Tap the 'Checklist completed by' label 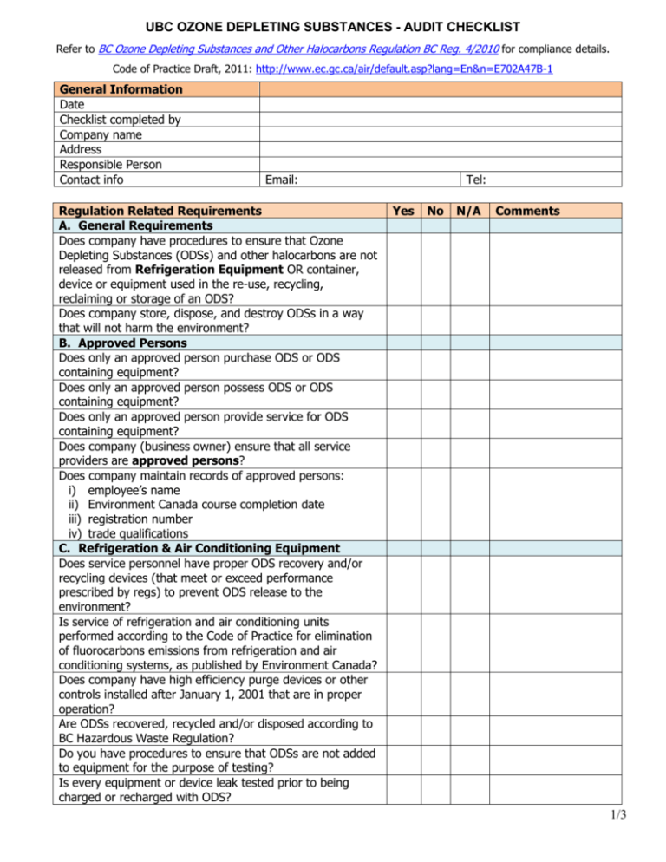point(119,119)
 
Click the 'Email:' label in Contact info point(283,180)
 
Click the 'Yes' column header point(402,211)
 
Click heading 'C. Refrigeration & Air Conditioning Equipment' point(196,547)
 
